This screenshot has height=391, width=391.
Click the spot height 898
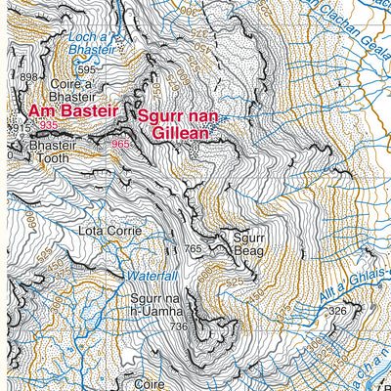(x=28, y=77)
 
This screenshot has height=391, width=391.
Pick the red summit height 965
(x=120, y=145)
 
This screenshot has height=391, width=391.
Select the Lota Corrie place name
(x=109, y=232)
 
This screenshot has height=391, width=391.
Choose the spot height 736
(x=177, y=326)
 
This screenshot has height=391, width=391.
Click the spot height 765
(x=192, y=250)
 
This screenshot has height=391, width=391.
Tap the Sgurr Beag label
(x=248, y=243)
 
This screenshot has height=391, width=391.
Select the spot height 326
(x=338, y=311)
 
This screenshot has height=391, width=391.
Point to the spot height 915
(x=18, y=128)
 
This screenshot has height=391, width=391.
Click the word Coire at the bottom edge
(x=150, y=384)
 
